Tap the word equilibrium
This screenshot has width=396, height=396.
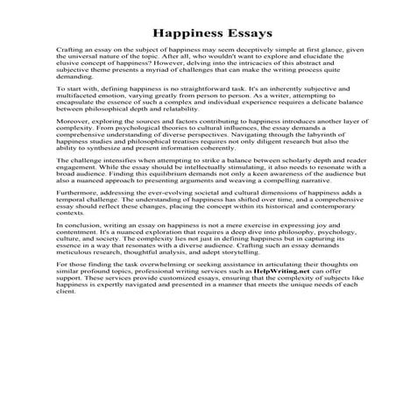pos(151,196)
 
